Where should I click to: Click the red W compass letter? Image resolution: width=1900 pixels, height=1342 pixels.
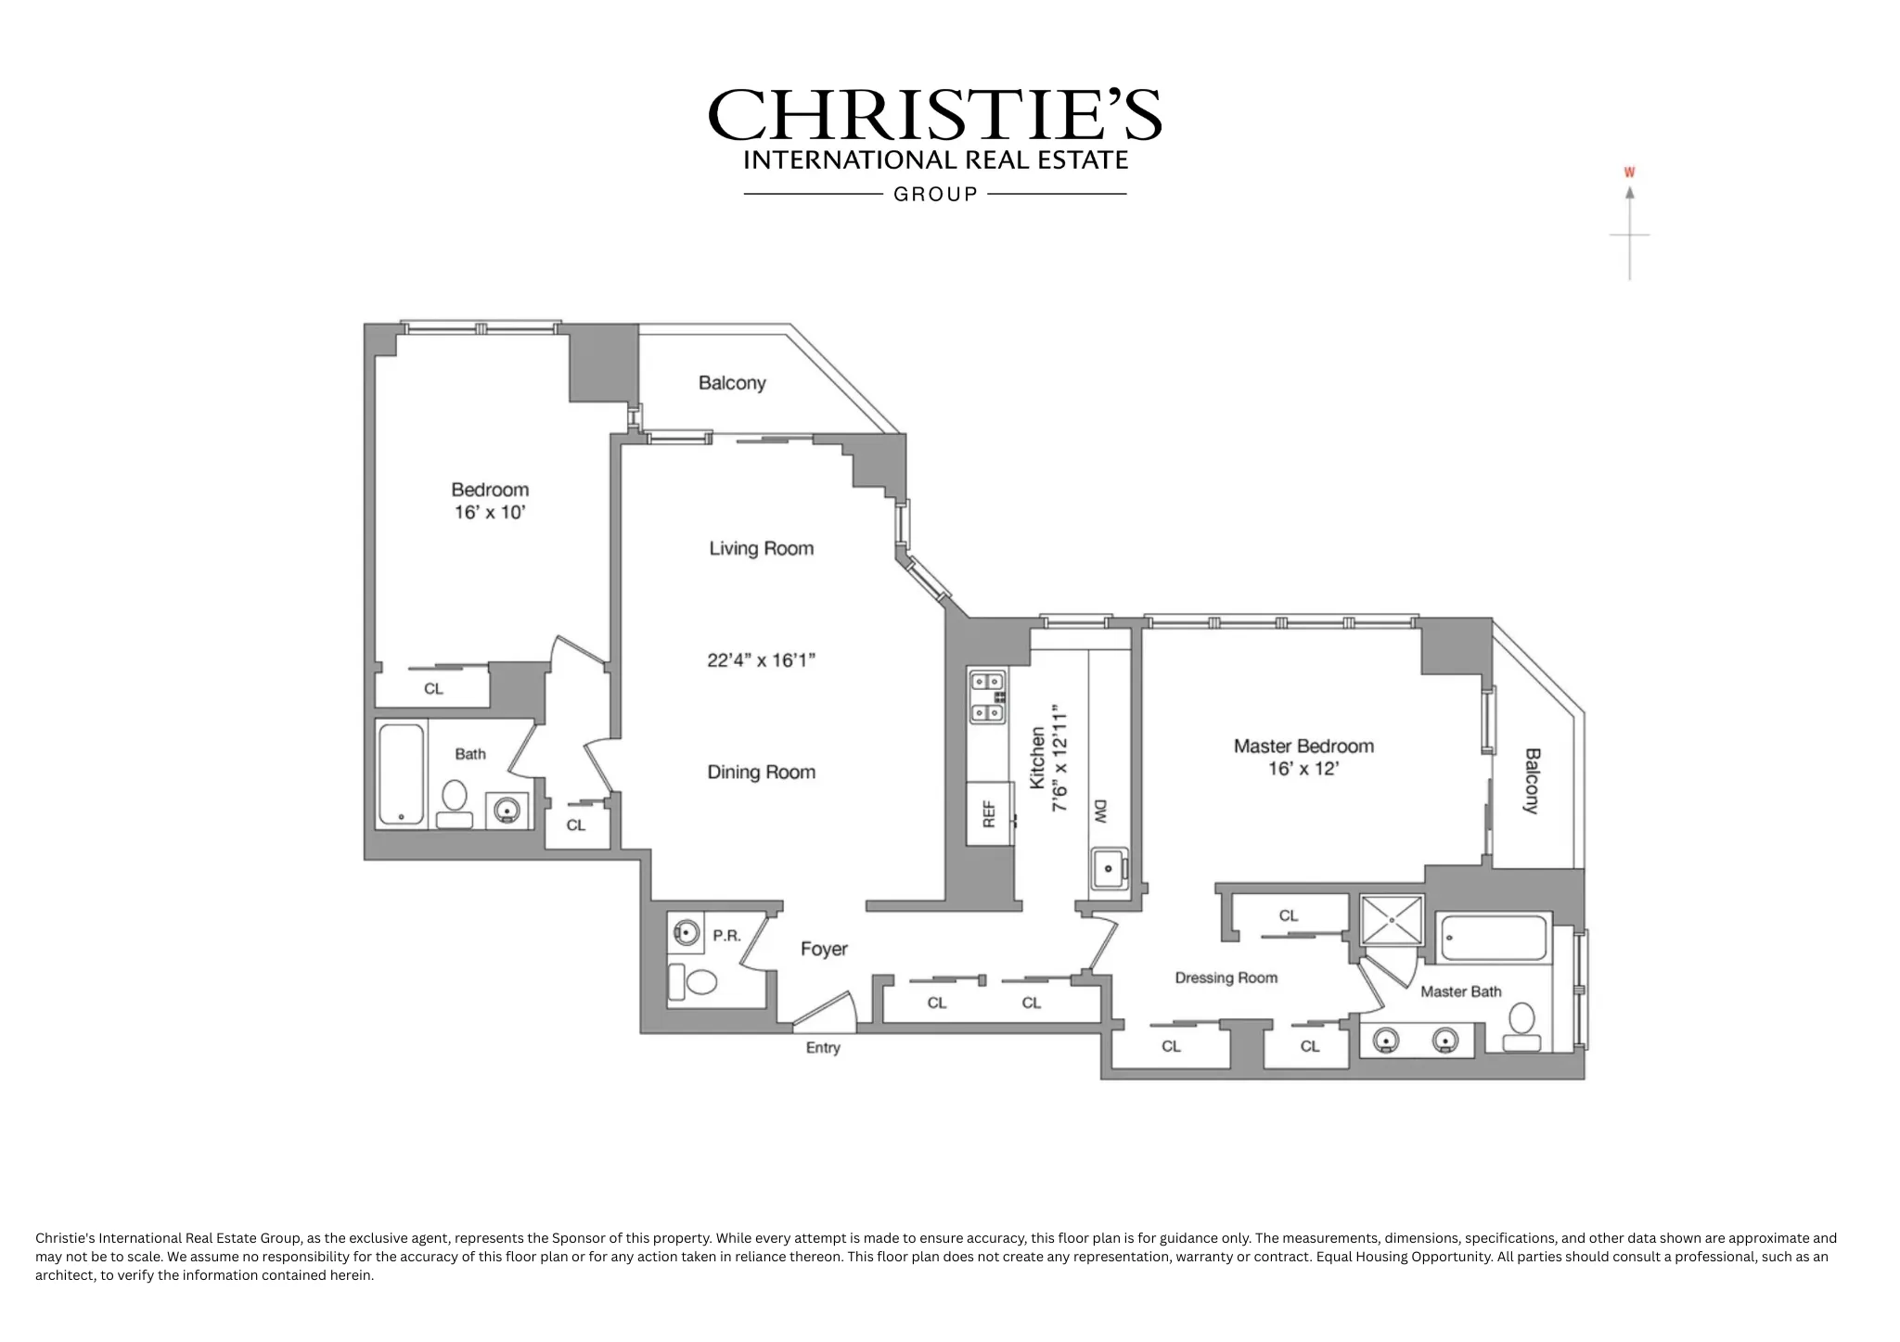pos(1629,173)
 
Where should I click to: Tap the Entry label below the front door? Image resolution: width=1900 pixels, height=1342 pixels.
pos(823,1047)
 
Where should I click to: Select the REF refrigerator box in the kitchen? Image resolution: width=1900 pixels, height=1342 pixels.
pos(989,813)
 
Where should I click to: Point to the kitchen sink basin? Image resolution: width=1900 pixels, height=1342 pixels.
pos(1108,869)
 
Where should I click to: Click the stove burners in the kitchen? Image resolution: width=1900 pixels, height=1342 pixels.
pos(987,697)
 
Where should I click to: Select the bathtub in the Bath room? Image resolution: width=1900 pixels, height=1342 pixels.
pos(402,774)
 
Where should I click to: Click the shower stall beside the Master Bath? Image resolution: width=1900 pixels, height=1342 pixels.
pos(1392,920)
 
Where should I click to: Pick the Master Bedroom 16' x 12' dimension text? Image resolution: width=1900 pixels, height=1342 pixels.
pos(1303,769)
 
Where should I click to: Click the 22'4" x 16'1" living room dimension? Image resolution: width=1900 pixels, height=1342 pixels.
pos(761,660)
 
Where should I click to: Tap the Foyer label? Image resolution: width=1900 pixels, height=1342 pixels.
pos(824,949)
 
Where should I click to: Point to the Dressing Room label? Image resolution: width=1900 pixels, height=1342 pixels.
pos(1226,978)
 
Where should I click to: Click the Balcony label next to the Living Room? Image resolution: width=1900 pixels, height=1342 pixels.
pos(732,383)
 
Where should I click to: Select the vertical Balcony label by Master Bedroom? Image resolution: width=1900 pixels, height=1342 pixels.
pos(1532,781)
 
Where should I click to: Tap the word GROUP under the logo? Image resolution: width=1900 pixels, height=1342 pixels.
pos(935,194)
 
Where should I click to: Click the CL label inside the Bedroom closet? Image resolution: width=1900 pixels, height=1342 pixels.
pos(433,688)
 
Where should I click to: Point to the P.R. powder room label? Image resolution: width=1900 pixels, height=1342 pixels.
pos(726,936)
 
